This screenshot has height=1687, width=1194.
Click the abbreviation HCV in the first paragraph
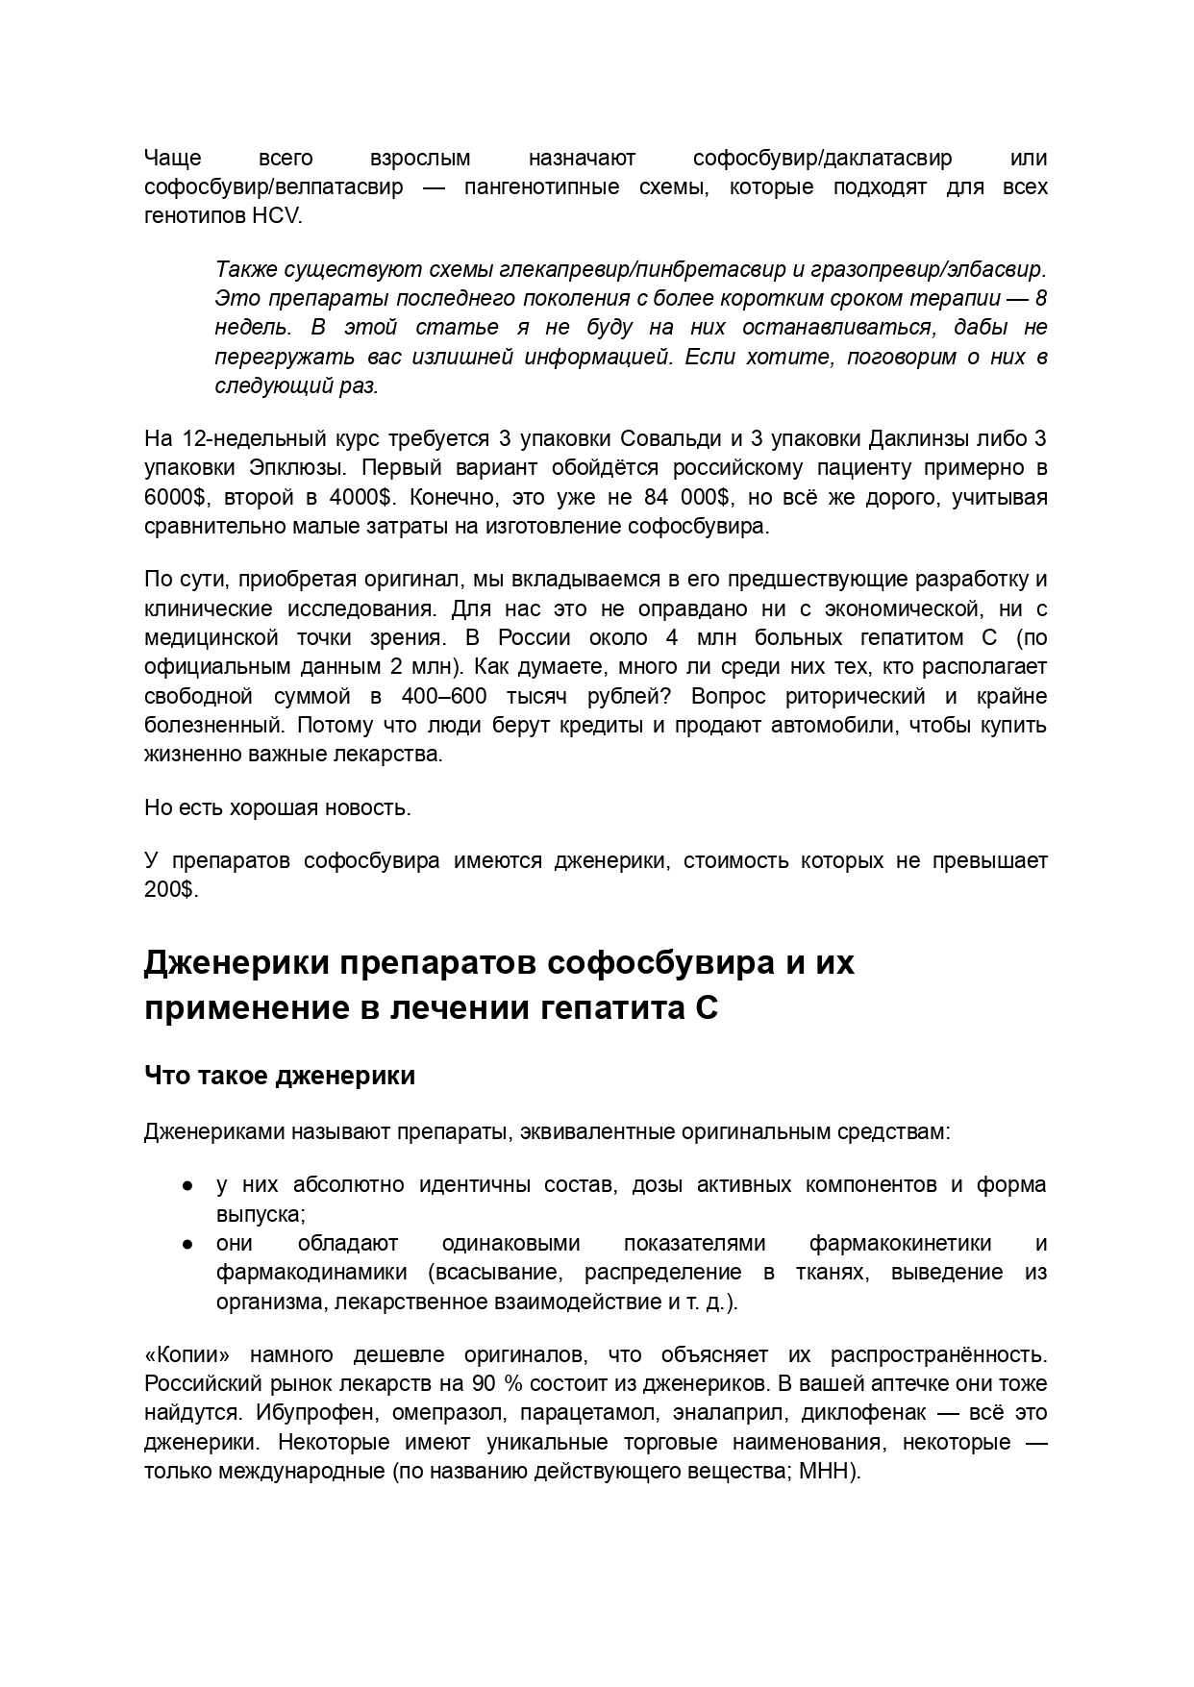[x=276, y=216]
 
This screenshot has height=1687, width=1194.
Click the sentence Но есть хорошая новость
[x=277, y=807]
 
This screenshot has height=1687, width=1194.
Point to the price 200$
[x=170, y=890]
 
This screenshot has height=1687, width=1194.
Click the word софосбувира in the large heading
[x=660, y=962]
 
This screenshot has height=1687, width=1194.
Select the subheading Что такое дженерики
[x=279, y=1075]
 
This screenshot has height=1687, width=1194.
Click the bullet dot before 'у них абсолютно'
[x=188, y=1185]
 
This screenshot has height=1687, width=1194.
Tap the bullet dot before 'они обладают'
[x=188, y=1244]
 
